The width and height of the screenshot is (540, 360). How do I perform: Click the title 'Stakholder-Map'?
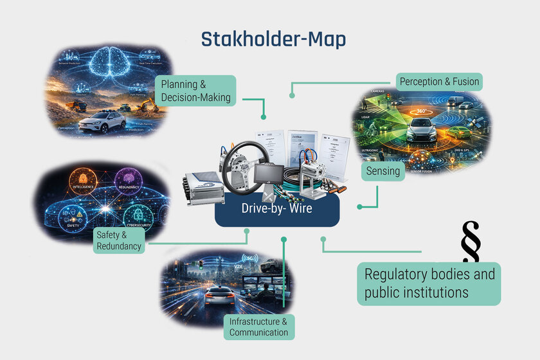point(273,39)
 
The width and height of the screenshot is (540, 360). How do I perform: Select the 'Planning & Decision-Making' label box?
point(195,91)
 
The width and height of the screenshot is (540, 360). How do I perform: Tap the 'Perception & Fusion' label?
point(439,82)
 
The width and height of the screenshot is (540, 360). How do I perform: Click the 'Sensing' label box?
point(383,171)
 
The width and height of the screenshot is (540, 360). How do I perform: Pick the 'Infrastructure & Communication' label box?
point(259,326)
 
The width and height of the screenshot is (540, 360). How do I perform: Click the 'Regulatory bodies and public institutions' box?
point(429,283)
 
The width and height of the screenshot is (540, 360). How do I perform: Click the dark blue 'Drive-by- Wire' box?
point(276,208)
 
